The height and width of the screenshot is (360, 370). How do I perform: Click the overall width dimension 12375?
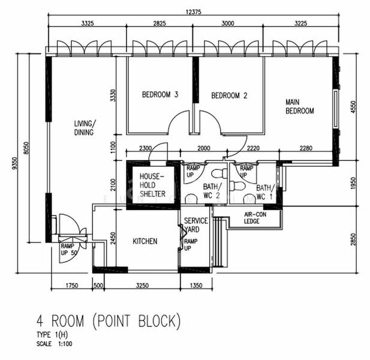194,12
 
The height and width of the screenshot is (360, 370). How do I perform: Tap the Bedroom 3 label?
160,95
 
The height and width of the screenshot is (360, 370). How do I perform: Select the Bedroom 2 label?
229,95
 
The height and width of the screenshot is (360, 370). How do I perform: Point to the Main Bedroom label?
300,106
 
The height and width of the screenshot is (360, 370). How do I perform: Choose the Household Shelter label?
152,185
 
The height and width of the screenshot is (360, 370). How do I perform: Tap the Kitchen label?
145,241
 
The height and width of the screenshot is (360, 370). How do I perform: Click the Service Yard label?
196,225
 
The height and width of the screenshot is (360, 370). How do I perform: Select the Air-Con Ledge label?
255,218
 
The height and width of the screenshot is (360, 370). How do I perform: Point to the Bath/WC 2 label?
212,191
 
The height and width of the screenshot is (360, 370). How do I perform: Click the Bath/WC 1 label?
266,192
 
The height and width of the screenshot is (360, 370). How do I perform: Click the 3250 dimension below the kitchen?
142,286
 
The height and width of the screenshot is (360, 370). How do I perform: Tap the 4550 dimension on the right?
353,107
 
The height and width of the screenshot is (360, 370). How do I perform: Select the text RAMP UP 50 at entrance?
69,249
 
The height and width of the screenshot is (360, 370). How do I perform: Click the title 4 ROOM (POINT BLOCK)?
109,321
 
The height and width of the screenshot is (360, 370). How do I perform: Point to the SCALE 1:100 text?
55,344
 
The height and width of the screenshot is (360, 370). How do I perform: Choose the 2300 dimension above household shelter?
145,148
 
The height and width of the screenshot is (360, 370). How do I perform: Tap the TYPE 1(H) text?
52,335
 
